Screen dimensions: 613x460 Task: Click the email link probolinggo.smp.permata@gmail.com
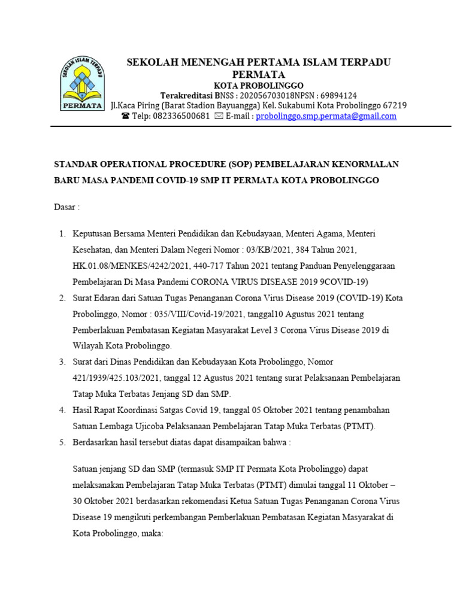pos(326,116)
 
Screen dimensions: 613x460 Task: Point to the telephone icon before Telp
pos(125,116)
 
